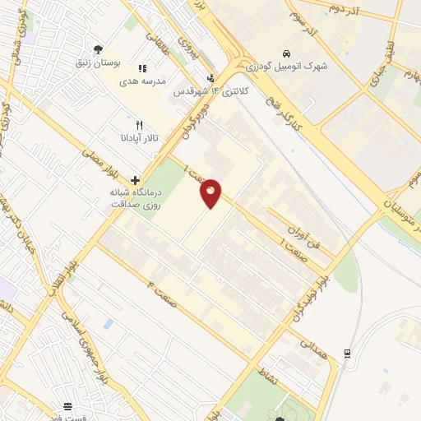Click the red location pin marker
[211, 193]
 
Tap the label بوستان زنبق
[99, 62]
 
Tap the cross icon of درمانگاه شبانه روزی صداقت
[135, 180]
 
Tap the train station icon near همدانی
[348, 353]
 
